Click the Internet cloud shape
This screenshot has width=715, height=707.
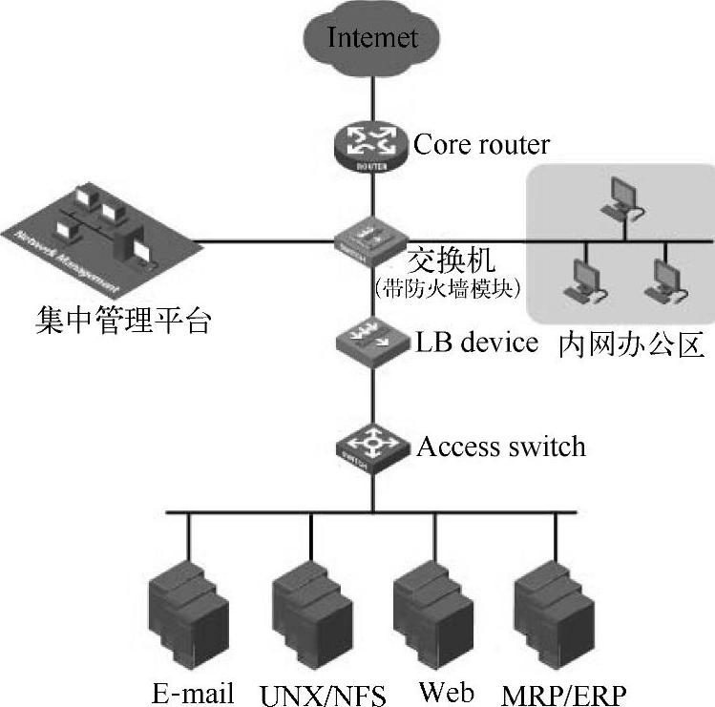pos(372,37)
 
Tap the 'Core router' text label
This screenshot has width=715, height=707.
pos(481,144)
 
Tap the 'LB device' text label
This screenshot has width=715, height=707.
pos(477,342)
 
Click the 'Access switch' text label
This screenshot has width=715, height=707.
pos(500,446)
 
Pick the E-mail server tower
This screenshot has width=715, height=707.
pos(188,611)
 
